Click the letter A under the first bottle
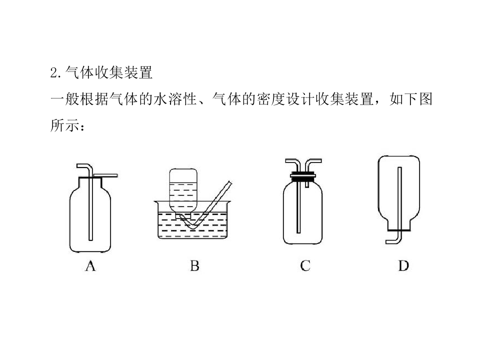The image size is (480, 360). [x=90, y=265]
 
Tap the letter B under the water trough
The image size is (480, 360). [x=194, y=265]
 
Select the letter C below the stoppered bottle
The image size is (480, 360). [x=305, y=265]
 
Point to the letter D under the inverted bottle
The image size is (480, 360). [x=403, y=265]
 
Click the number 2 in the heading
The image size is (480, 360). [x=54, y=73]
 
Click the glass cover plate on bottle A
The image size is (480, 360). [x=105, y=175]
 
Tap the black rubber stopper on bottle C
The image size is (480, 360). [x=303, y=176]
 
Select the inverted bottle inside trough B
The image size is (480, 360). [x=183, y=192]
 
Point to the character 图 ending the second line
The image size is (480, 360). [x=426, y=99]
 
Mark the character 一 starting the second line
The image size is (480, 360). [x=57, y=99]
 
